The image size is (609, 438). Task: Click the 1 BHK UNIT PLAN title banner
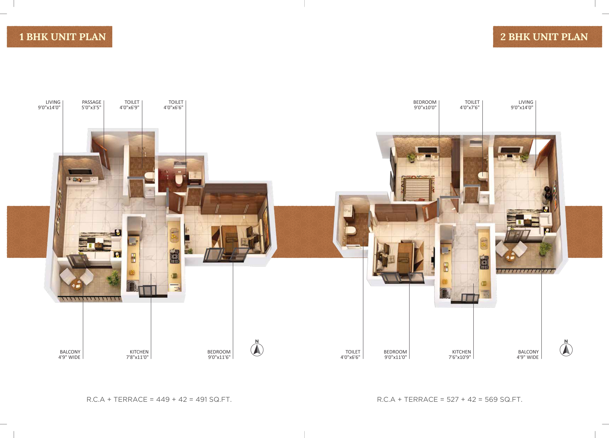coord(59,37)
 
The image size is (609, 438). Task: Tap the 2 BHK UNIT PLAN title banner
coord(548,37)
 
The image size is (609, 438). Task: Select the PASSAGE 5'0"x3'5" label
coord(91,105)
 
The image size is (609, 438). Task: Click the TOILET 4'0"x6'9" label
coord(129,105)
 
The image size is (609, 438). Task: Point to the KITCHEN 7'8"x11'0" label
coord(137,354)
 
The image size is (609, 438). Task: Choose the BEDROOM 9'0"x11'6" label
coord(219,354)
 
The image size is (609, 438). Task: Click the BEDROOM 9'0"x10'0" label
coord(425,105)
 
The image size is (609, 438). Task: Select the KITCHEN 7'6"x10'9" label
coord(460,354)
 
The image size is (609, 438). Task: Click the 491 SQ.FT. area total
coord(213,399)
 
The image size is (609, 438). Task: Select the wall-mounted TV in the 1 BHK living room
coord(80,172)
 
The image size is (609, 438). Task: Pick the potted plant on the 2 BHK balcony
coord(545,249)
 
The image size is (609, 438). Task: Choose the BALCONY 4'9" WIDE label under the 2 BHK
coord(528,354)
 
